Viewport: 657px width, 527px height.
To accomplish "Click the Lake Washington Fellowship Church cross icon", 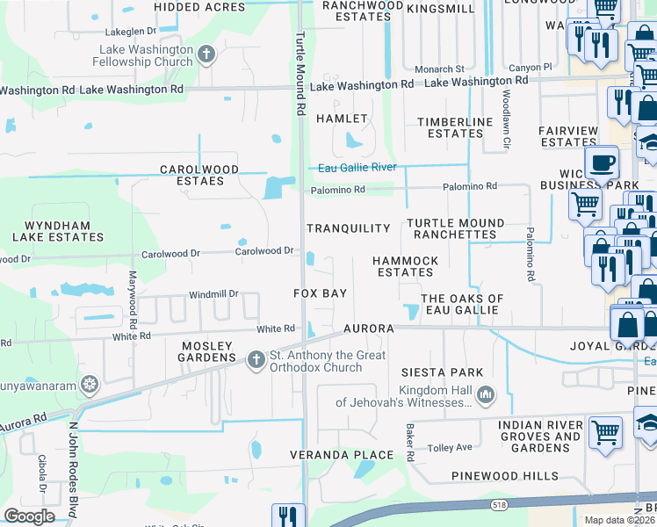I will (206, 55).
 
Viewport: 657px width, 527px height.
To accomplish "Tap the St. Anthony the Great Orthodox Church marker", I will (256, 359).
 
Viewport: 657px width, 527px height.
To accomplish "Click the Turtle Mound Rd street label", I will (300, 76).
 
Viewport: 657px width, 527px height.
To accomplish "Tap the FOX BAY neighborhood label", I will (320, 293).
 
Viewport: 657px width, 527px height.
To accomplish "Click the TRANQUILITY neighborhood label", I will (348, 228).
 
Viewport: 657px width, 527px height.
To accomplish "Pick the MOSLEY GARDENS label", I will (208, 351).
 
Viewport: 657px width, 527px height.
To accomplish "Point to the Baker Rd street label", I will (409, 444).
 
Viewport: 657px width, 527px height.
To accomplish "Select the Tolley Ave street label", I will (451, 448).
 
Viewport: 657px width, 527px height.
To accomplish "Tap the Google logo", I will (29, 516).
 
